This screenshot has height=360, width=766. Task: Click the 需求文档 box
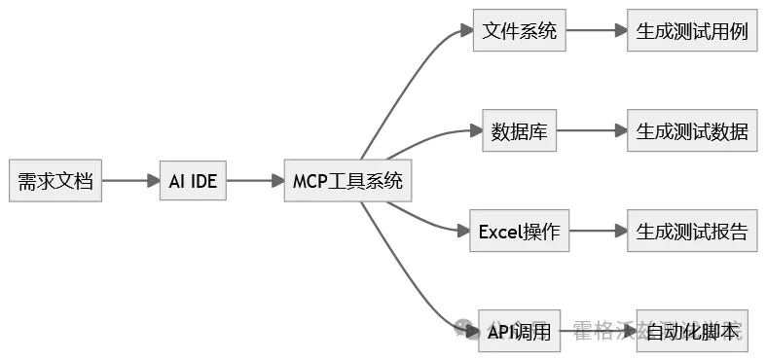click(x=55, y=181)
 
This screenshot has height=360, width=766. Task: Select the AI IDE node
click(x=193, y=181)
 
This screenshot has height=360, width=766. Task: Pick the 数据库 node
click(x=520, y=131)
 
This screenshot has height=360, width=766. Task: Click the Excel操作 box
click(x=519, y=232)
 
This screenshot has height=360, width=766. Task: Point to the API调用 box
click(x=520, y=332)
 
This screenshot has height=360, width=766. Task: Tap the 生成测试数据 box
click(x=692, y=131)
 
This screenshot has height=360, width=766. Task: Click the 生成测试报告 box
click(x=692, y=232)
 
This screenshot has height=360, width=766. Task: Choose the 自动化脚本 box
click(x=692, y=332)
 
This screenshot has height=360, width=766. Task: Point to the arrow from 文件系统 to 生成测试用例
click(x=596, y=30)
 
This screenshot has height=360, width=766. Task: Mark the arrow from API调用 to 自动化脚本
click(x=599, y=332)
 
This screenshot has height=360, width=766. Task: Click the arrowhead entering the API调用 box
click(x=470, y=332)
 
